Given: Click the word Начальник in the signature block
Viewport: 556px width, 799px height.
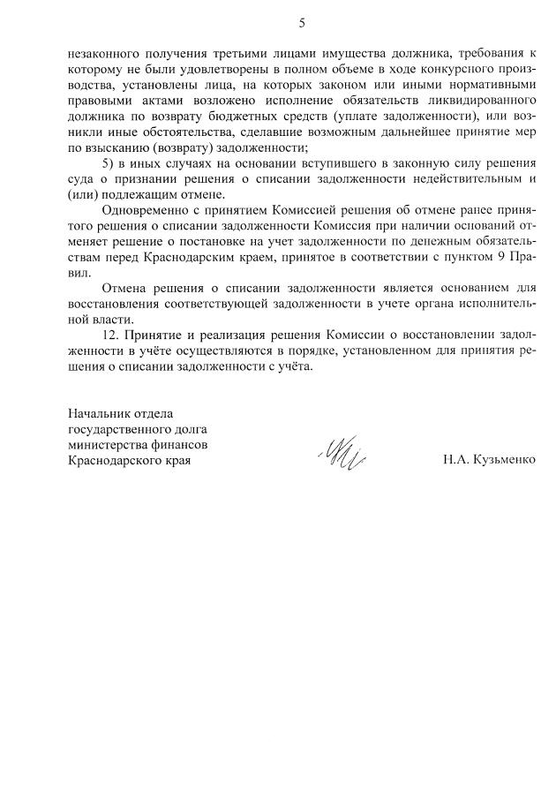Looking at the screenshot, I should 104,413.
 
